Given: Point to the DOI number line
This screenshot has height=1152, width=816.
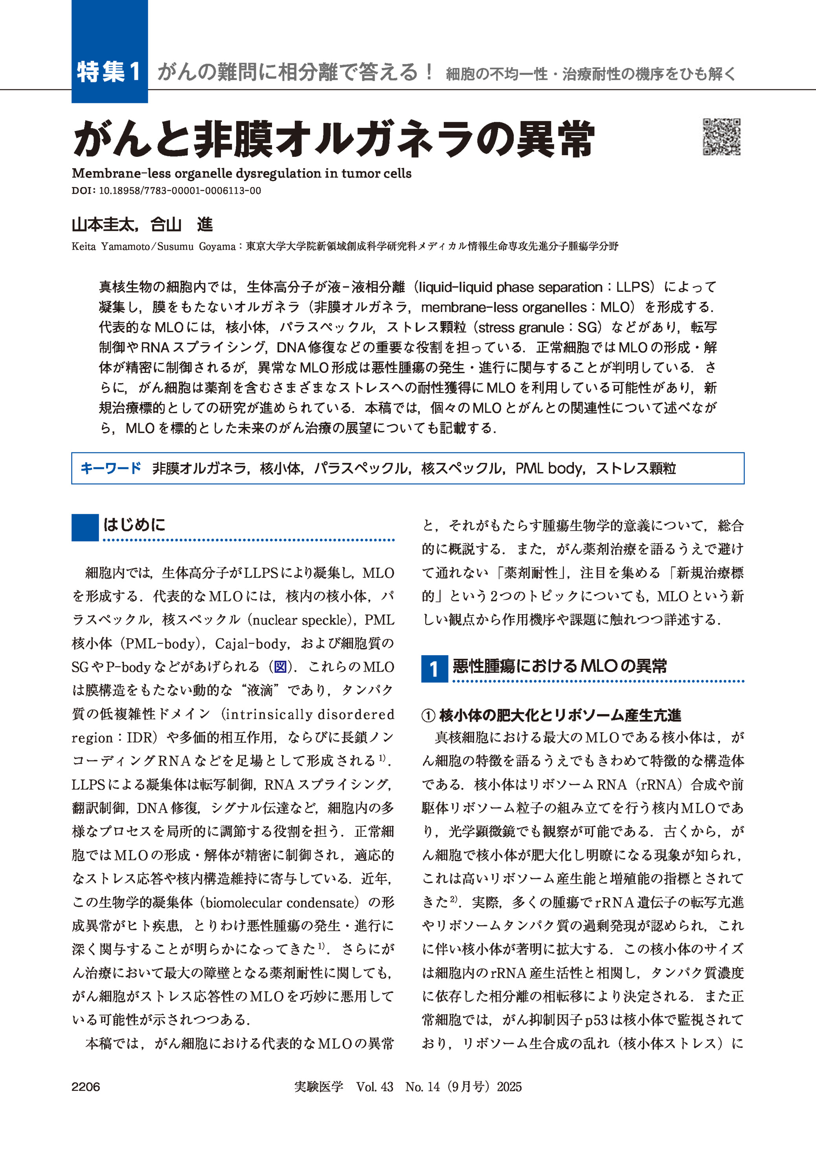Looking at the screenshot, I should (166, 191).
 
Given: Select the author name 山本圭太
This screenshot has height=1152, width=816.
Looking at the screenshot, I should (103, 224).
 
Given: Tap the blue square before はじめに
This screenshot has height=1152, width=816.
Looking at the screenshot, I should (85, 527).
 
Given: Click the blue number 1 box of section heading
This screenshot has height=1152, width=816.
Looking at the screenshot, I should (434, 669).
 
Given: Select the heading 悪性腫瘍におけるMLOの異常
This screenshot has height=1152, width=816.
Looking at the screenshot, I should (560, 666).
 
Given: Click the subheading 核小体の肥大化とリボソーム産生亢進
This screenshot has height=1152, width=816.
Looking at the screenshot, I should (560, 715).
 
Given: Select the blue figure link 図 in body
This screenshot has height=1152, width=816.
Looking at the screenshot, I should (280, 667).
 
